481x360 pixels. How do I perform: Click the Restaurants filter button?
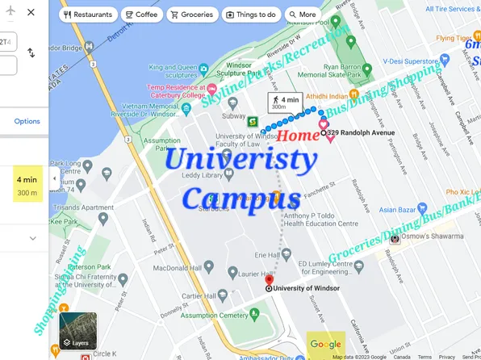[x=87, y=15]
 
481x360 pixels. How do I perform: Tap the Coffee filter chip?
[x=141, y=15]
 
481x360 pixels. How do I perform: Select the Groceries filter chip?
[x=191, y=15]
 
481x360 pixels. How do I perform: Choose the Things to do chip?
[x=250, y=15]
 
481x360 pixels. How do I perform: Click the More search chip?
[x=302, y=15]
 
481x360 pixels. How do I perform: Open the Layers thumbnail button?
[x=77, y=330]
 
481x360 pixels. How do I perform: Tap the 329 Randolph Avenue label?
[x=360, y=133]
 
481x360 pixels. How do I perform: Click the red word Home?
[x=299, y=136]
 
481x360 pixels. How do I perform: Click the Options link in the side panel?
[x=27, y=121]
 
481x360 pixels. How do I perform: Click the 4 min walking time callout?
[x=283, y=103]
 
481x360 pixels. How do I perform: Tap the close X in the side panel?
[x=31, y=13]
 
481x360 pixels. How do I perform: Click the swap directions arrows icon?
[x=31, y=52]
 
